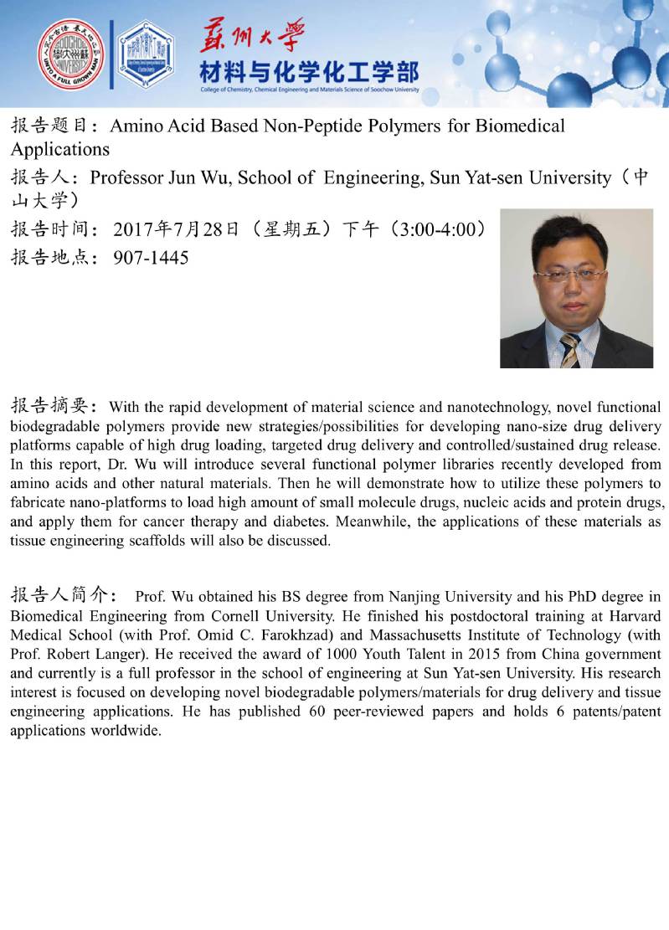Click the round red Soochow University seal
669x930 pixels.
[71, 55]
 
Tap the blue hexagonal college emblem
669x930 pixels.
[146, 55]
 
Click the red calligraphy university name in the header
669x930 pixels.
[251, 35]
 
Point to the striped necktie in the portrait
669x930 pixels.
[570, 350]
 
